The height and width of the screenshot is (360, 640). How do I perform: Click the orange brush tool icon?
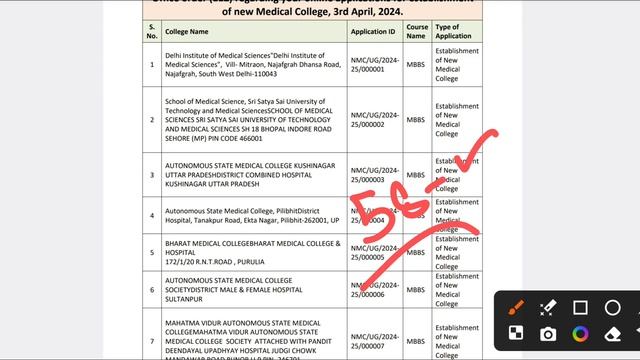[x=518, y=308]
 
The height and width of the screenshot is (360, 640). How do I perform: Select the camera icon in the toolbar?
[x=549, y=333]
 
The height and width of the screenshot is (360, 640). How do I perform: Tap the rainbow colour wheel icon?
[x=581, y=333]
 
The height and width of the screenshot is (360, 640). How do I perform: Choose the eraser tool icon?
[x=613, y=333]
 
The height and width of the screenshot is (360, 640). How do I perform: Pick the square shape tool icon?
[x=581, y=308]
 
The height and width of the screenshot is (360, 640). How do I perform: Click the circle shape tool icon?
[x=613, y=308]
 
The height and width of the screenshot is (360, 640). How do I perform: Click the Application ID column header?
[x=373, y=31]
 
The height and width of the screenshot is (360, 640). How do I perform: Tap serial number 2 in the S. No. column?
[x=152, y=120]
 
